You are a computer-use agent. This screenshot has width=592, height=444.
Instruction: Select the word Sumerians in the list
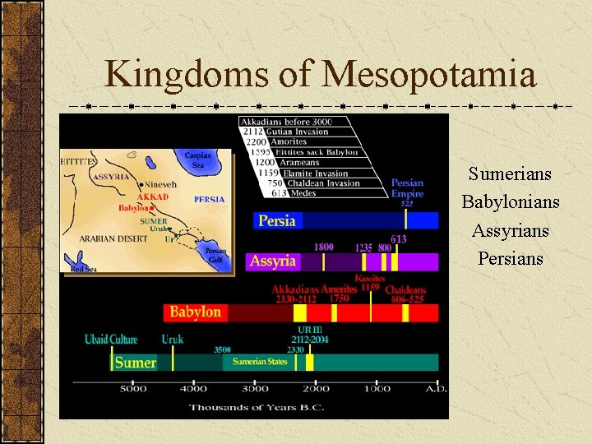pyautogui.click(x=510, y=174)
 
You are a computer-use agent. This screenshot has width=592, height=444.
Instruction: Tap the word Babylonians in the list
pyautogui.click(x=510, y=202)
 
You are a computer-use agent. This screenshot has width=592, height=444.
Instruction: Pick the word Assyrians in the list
pyautogui.click(x=510, y=230)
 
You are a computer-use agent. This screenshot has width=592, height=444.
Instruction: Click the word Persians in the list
pyautogui.click(x=510, y=258)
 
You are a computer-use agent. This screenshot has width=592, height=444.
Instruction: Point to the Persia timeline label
pyautogui.click(x=277, y=220)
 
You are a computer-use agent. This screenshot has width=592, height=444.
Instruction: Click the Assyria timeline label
pyautogui.click(x=272, y=261)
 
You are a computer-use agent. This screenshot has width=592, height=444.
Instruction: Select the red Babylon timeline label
pyautogui.click(x=195, y=312)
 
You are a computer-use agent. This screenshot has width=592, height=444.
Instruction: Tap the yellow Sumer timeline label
pyautogui.click(x=135, y=363)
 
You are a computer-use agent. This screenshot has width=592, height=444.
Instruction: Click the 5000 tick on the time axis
pyautogui.click(x=133, y=389)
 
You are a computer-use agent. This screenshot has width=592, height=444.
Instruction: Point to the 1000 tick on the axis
pyautogui.click(x=377, y=389)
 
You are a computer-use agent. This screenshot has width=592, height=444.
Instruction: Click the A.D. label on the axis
pyautogui.click(x=436, y=389)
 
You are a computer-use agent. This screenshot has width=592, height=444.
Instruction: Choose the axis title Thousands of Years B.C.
pyautogui.click(x=255, y=407)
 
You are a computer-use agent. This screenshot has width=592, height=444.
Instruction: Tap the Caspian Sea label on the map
pyautogui.click(x=198, y=160)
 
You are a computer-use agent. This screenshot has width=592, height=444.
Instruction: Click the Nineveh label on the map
pyautogui.click(x=162, y=185)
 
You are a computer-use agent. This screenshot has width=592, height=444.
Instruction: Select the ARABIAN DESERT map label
pyautogui.click(x=114, y=238)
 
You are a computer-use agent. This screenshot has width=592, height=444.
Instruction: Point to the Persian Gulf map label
pyautogui.click(x=215, y=255)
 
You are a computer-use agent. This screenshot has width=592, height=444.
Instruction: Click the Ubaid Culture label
pyautogui.click(x=111, y=339)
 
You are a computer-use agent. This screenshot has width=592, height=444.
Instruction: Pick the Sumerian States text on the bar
pyautogui.click(x=260, y=362)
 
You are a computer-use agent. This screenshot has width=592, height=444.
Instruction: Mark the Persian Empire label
pyautogui.click(x=407, y=188)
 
